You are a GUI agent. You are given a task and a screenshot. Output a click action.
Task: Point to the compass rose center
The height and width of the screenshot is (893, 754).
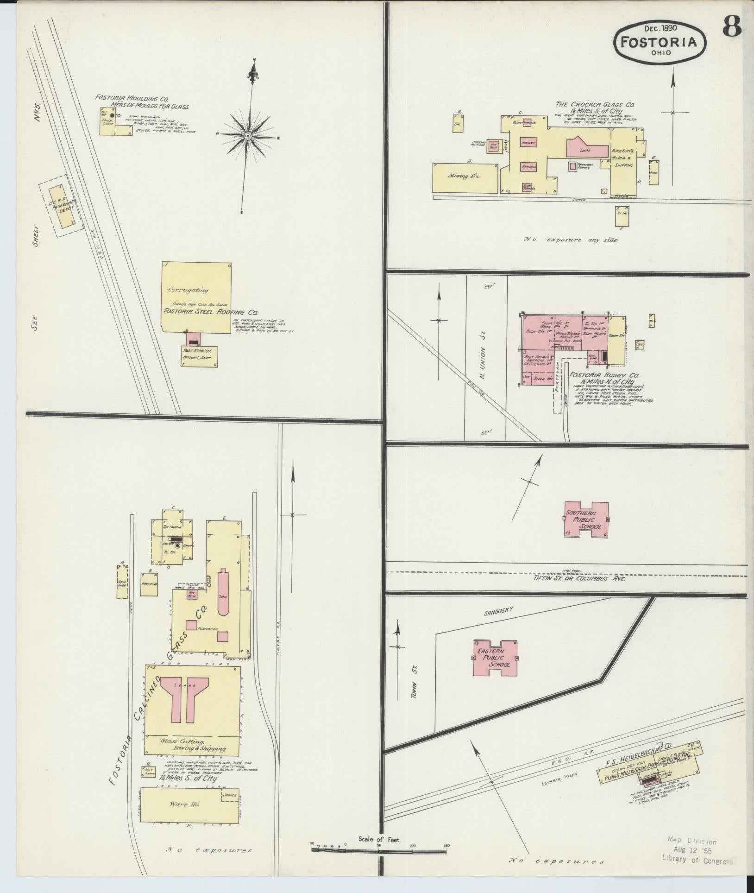(x=248, y=136)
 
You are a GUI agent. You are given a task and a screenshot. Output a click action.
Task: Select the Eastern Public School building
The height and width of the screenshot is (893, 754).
(x=494, y=658)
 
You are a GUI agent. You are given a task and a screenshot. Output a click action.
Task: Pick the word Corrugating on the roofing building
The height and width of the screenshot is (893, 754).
(x=188, y=291)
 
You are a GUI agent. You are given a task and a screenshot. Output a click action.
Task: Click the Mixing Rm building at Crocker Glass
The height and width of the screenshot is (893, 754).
(x=465, y=177)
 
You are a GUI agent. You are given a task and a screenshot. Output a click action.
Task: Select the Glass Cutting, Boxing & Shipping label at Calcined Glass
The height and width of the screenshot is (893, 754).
(x=193, y=744)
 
